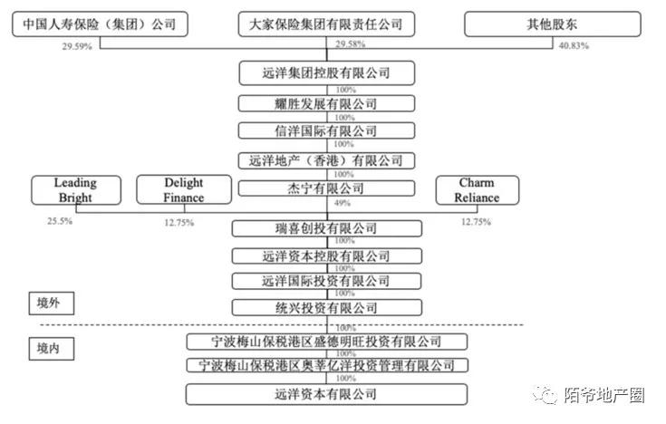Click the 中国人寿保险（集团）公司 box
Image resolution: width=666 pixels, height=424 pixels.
[x=100, y=24]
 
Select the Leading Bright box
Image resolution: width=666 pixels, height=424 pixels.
[x=76, y=190]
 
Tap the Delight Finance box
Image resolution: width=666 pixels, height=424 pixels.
[x=184, y=190]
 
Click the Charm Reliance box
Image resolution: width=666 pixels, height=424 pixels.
[x=477, y=190]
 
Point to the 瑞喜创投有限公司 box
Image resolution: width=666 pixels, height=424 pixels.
[x=326, y=227]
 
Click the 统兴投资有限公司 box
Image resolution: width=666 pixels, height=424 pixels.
[x=326, y=308]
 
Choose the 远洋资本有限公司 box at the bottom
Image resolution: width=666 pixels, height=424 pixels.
[x=326, y=394]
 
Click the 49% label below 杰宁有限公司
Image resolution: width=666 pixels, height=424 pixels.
[x=343, y=203]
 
